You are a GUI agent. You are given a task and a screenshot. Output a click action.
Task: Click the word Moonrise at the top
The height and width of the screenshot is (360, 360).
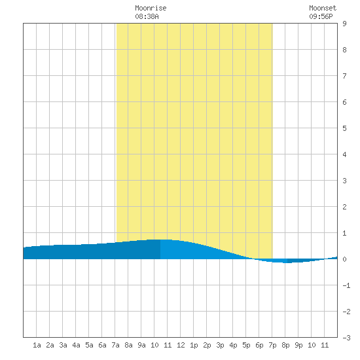(151, 8)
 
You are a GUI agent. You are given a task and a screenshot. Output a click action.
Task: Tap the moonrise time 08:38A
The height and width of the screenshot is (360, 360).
(147, 16)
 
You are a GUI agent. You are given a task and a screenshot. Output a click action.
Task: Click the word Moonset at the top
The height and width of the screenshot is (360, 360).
(323, 8)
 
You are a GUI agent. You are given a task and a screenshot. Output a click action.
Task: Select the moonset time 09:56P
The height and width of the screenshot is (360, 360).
(321, 16)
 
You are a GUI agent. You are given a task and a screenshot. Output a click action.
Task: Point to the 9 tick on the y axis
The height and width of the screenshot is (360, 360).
(344, 24)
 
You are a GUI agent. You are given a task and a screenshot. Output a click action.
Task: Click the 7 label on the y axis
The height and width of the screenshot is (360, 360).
(344, 76)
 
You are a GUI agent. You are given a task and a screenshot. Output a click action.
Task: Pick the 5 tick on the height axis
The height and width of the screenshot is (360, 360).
(344, 128)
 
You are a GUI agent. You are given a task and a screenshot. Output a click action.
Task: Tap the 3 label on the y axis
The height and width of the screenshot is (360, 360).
(344, 181)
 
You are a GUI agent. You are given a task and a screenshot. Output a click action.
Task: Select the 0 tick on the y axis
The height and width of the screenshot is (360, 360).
(344, 259)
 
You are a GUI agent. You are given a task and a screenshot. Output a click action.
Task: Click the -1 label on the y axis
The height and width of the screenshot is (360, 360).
(346, 285)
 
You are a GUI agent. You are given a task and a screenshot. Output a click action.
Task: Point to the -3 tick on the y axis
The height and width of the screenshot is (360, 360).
(346, 338)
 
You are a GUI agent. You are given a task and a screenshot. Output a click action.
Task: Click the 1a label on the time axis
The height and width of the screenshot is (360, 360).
(37, 345)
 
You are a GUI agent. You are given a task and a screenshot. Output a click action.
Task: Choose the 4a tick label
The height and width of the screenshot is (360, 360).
(76, 345)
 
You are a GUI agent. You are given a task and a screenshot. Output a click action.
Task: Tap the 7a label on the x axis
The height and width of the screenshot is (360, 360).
(115, 345)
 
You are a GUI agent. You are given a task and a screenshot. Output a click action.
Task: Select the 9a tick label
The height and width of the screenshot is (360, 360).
(141, 345)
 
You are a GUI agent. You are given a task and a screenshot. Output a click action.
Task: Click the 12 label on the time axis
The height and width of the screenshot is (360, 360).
(181, 345)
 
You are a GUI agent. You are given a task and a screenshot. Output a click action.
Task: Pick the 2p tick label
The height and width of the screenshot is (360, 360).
(207, 345)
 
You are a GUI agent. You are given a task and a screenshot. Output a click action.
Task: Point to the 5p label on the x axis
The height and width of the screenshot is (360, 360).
(246, 345)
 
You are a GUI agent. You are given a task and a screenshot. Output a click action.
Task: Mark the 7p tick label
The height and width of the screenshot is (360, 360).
(272, 345)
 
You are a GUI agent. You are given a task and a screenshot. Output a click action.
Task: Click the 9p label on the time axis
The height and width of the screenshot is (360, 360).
(298, 345)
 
